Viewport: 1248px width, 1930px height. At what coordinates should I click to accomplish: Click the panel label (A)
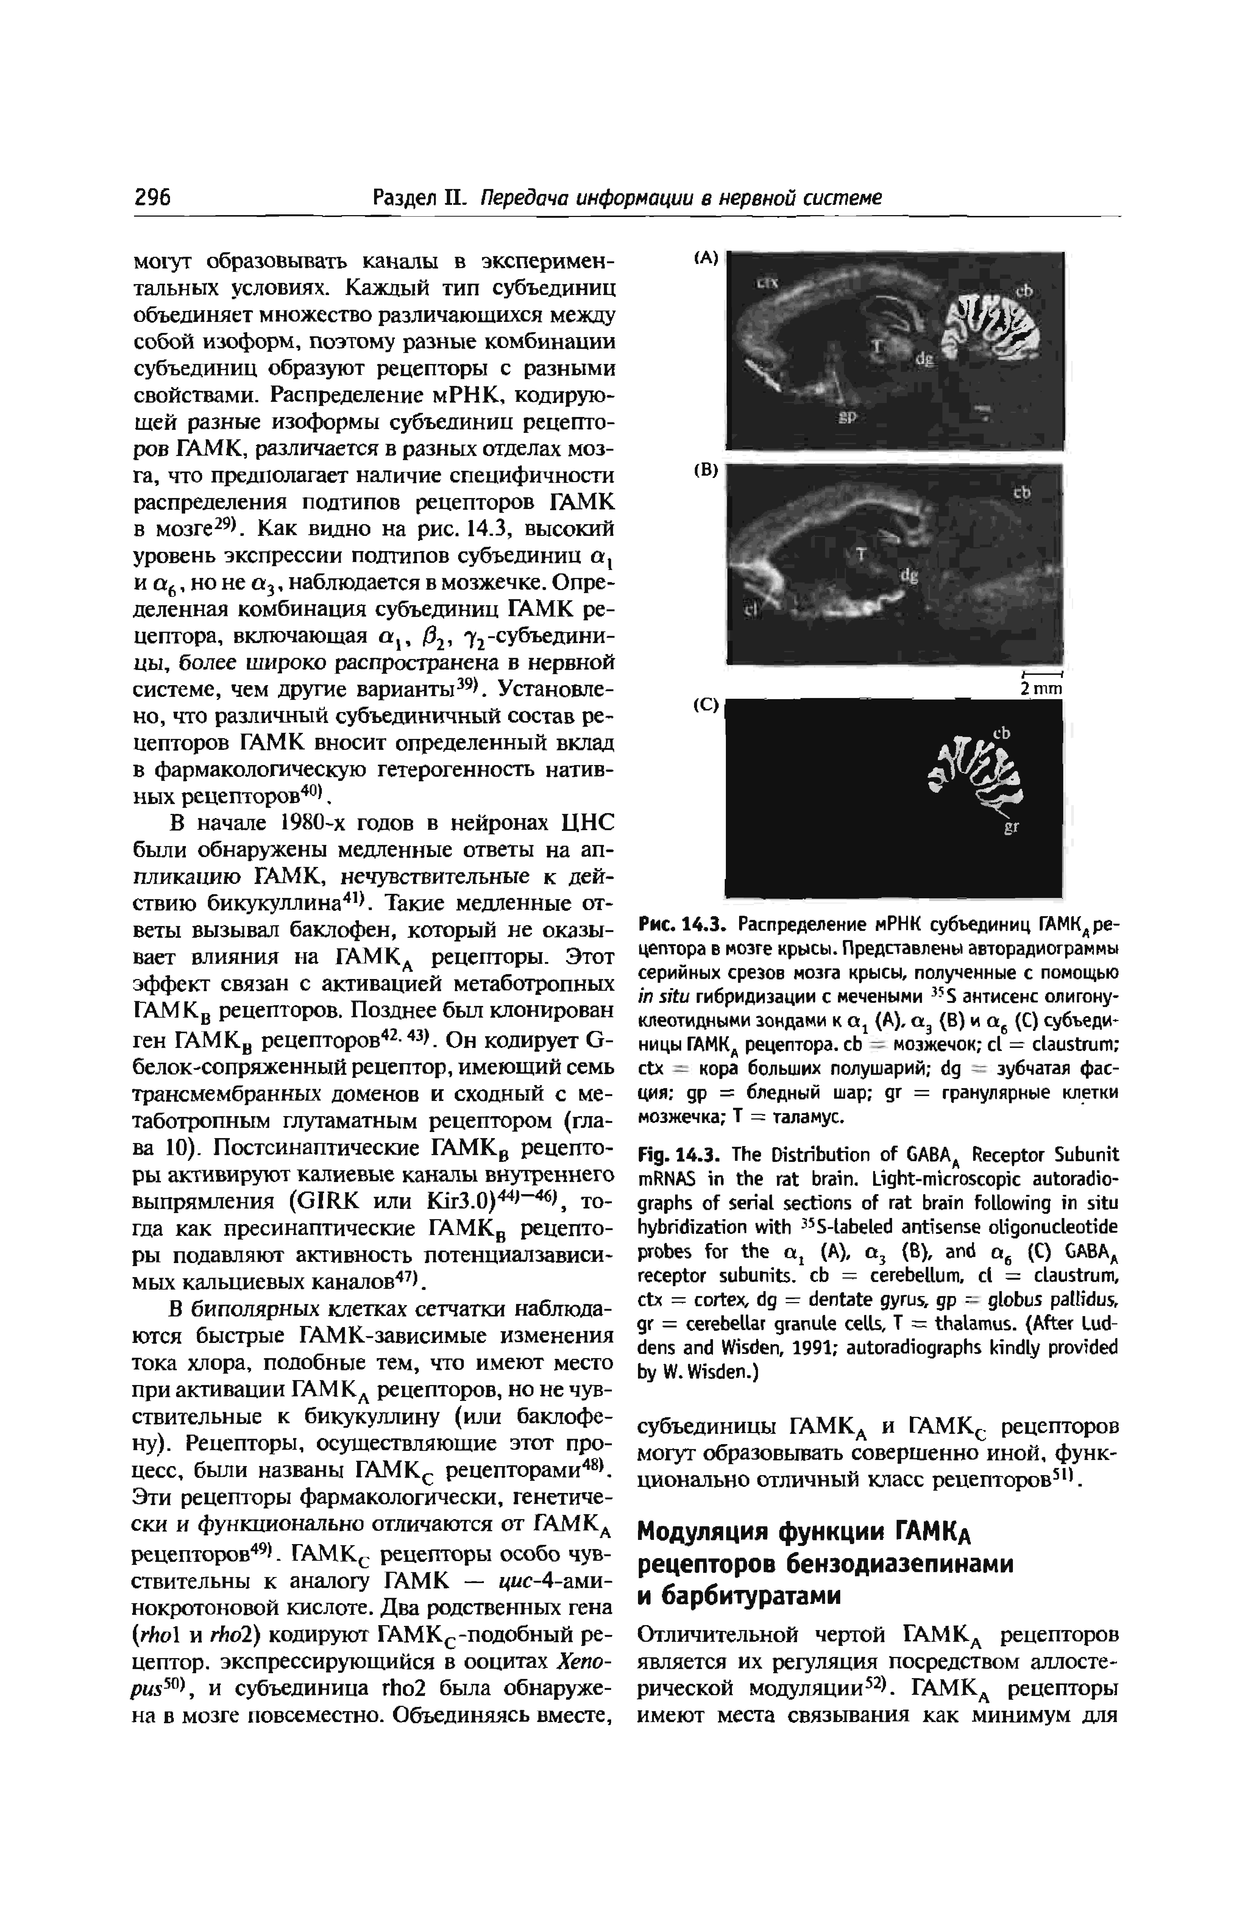[706, 258]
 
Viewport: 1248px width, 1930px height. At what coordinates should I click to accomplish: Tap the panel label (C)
[706, 705]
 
